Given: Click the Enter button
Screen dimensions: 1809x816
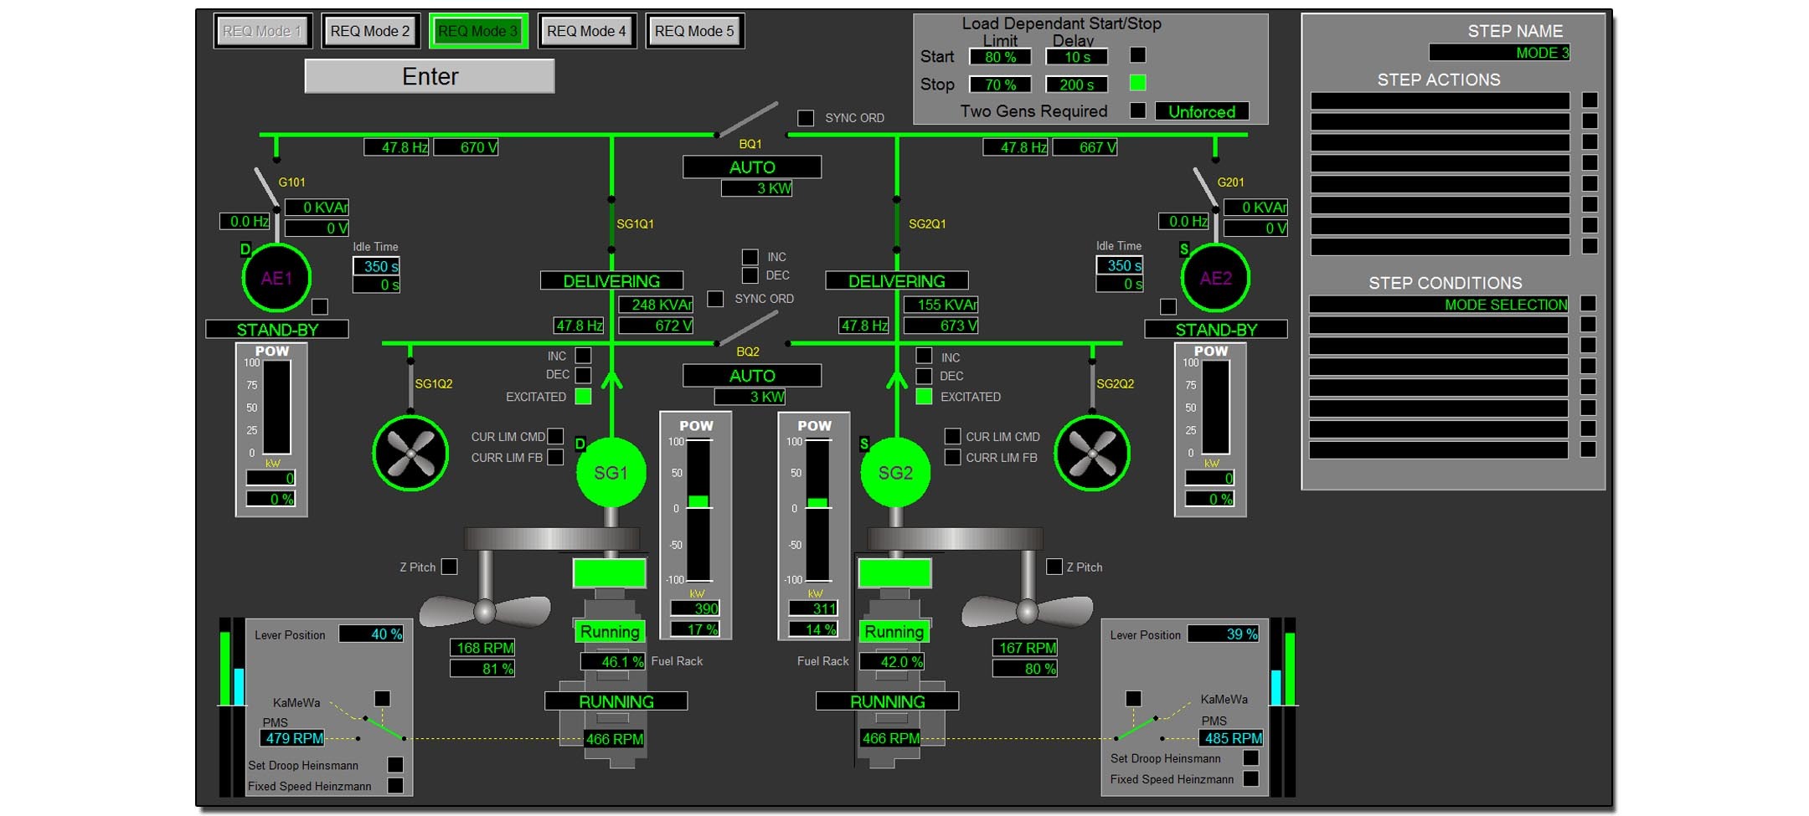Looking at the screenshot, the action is pos(430,76).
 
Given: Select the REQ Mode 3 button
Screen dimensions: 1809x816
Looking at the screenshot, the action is pos(478,31).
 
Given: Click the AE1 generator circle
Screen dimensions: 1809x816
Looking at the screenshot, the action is pos(276,278).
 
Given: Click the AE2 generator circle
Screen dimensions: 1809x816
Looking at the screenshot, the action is pos(1215,278).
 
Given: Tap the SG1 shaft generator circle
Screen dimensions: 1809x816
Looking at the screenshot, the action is pos(611,473).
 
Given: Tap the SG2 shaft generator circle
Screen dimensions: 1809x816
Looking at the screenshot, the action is pos(895,473).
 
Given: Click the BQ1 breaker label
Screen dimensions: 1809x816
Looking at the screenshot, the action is pos(750,144).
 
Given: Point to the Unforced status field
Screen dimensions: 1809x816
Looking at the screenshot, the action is pos(1202,111).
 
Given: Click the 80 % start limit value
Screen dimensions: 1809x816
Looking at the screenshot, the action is pos(1000,57).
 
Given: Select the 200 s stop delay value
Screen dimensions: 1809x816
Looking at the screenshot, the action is pos(1076,85).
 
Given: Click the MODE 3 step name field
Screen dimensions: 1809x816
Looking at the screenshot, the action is pos(1499,53).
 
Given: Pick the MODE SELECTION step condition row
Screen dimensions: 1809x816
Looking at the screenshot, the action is pos(1439,305).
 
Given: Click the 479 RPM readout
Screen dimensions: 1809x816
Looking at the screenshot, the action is pos(293,738).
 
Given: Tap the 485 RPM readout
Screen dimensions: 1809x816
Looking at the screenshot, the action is pos(1232,738).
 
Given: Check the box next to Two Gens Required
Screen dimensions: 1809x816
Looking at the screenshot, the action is pos(1137,110).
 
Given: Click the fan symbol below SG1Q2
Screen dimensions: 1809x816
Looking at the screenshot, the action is pos(410,453).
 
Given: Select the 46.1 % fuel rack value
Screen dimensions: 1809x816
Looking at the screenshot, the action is pos(613,661).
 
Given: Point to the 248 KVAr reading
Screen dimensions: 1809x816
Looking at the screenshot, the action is pos(656,305).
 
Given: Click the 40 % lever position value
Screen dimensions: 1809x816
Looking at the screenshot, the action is pos(372,634).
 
